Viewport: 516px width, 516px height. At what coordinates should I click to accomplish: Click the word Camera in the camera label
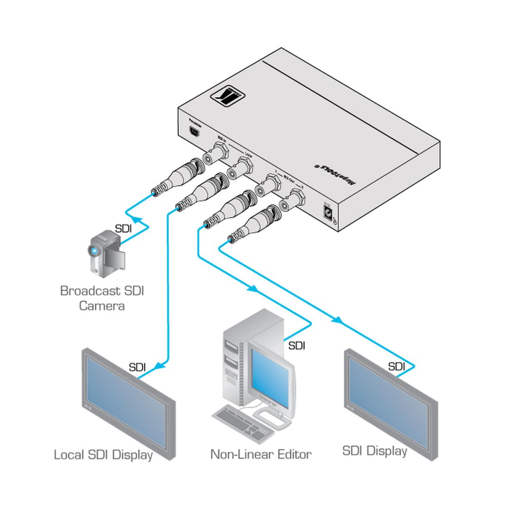click(x=102, y=306)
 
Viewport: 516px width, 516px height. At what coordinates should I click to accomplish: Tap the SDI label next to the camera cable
click(x=123, y=229)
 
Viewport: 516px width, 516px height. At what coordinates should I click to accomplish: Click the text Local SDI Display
click(x=103, y=455)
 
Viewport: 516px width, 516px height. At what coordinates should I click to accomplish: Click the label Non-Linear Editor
click(x=261, y=454)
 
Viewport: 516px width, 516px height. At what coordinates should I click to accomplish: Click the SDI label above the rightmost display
click(x=396, y=366)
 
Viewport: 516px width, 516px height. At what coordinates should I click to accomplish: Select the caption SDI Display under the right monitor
click(x=375, y=451)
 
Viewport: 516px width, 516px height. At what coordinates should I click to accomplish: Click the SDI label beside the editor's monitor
click(x=296, y=345)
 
